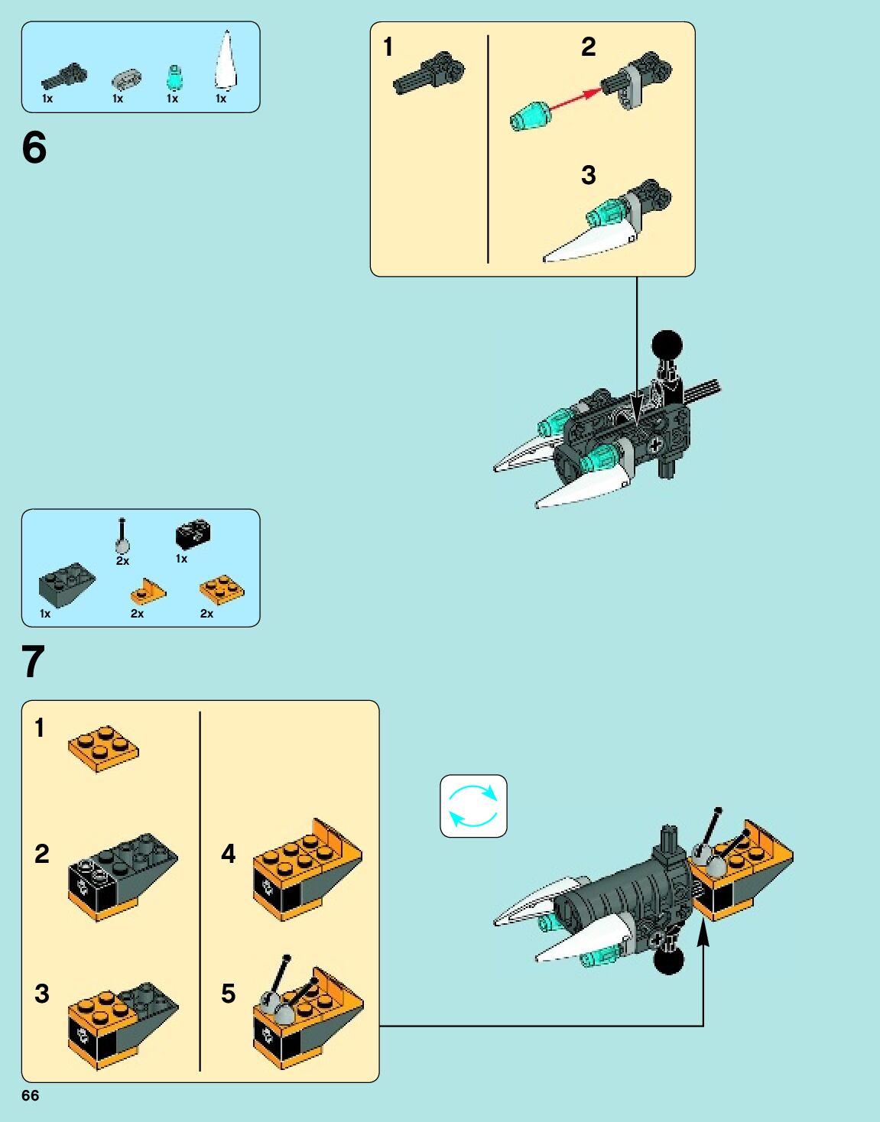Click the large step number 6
coord(34,148)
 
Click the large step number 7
coord(33,661)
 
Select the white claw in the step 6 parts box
coord(226,61)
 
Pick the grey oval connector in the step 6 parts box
coord(126,80)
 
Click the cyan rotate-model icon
coord(473,806)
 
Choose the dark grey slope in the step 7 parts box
coord(67,585)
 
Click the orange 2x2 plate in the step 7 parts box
coord(222,589)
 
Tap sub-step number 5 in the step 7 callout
coord(229,994)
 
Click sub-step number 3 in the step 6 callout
coord(589,175)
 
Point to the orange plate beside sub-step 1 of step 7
coord(103,749)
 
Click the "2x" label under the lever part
coord(122,561)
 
